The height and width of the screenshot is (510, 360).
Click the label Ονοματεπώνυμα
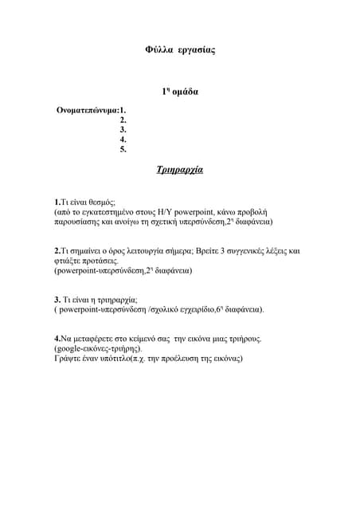pyautogui.click(x=87, y=110)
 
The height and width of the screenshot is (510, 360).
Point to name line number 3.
pyautogui.click(x=123, y=129)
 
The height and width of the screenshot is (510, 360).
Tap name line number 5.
pyautogui.click(x=123, y=149)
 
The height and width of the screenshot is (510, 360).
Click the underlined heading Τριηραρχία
pyautogui.click(x=180, y=171)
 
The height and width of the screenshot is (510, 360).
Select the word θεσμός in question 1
pyautogui.click(x=100, y=203)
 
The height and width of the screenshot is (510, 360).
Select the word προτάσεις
pyautogui.click(x=100, y=261)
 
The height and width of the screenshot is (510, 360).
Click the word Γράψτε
pyautogui.click(x=68, y=359)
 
